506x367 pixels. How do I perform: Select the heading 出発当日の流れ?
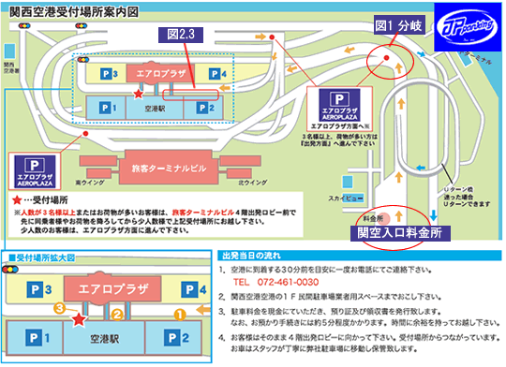(x=259, y=255)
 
